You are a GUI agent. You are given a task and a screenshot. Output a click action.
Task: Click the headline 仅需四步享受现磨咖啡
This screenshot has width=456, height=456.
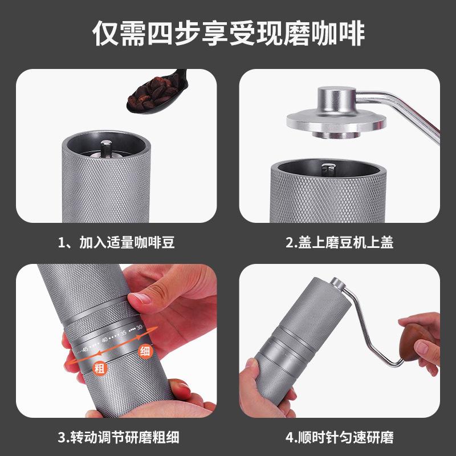pos(229,33)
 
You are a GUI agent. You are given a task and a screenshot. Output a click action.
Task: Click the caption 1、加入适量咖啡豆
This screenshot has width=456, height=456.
pos(116,243)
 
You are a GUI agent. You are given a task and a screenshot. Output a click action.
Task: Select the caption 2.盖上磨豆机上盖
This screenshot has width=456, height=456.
pos(339,243)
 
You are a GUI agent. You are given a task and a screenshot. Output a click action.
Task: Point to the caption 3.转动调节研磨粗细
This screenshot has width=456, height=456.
pos(119,437)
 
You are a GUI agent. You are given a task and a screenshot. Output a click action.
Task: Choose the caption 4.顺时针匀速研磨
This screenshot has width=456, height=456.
pos(339,437)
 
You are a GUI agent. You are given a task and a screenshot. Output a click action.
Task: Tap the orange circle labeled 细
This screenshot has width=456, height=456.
pos(145,351)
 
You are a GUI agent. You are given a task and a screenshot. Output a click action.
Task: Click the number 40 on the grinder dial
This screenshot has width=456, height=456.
pos(105,339)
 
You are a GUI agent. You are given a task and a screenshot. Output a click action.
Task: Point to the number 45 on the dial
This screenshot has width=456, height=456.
pos(85,349)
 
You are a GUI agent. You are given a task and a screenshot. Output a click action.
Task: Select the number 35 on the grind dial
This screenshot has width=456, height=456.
pos(124,333)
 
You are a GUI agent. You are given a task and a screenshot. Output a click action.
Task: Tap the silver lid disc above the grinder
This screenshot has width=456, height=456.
pos(336,121)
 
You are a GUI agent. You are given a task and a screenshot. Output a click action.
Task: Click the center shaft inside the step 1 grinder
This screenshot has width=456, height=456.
pos(106,148)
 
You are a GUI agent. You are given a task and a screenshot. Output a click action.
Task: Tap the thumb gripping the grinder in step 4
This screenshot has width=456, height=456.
pos(251,367)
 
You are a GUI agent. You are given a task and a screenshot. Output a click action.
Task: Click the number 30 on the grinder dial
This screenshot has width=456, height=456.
pos(140,327)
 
